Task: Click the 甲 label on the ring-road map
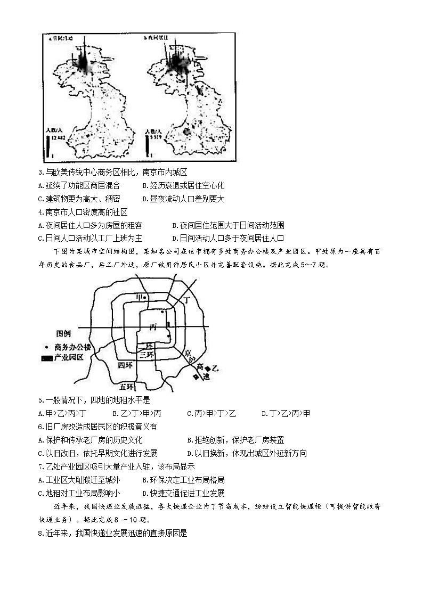click(140, 297)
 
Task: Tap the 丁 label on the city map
click(186, 300)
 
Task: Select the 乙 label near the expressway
click(215, 367)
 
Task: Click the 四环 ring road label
click(125, 365)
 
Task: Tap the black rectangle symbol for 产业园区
click(47, 357)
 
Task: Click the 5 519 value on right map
click(155, 137)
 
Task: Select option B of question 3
click(183, 185)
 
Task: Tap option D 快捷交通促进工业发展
click(183, 493)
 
